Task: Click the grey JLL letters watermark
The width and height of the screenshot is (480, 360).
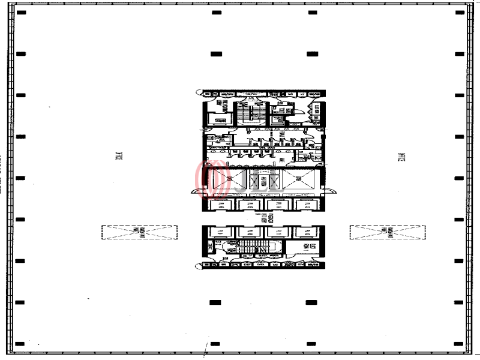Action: tap(255, 181)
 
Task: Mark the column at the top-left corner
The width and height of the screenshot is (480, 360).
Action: tap(21, 13)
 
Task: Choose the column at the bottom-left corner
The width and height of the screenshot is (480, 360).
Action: tap(21, 344)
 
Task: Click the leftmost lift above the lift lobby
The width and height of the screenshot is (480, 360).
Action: tap(220, 205)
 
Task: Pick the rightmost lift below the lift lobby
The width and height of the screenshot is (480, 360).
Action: tap(306, 232)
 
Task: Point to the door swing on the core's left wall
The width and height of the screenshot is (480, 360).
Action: tap(197, 192)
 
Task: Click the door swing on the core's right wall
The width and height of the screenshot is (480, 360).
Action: tap(331, 192)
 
